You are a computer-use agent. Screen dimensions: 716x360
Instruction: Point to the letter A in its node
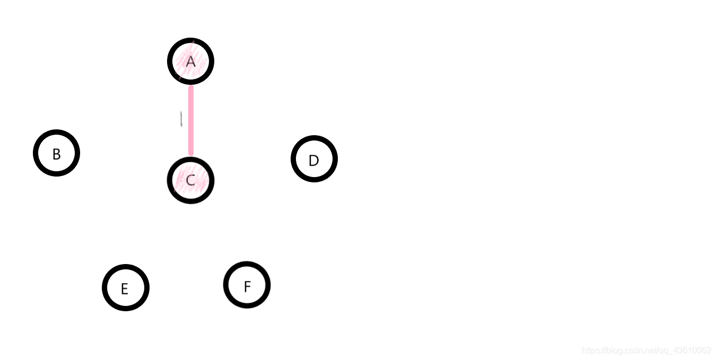coord(190,62)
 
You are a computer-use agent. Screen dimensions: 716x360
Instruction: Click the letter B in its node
coord(56,154)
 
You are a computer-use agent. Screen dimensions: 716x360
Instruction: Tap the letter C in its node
coord(190,181)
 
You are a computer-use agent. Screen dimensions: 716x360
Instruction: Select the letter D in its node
coord(313,161)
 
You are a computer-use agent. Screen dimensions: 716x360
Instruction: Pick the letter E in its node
coord(125,289)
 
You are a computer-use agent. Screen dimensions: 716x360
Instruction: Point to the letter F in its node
coord(247,287)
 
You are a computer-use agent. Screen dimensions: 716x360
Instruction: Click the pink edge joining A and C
coord(191,121)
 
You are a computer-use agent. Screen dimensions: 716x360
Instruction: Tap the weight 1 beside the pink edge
coord(181,119)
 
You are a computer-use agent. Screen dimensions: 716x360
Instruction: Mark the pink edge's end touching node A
coord(191,88)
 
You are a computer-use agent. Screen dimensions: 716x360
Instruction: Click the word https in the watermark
coord(591,350)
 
